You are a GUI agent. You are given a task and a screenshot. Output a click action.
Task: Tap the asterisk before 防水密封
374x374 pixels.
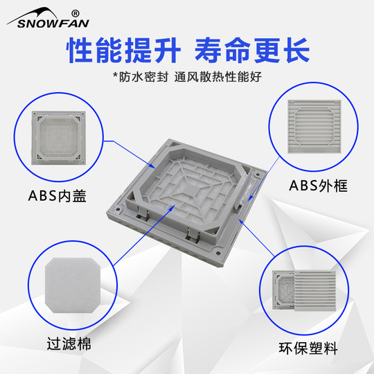coord(115,74)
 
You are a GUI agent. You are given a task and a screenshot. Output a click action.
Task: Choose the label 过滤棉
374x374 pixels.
coord(69,344)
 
